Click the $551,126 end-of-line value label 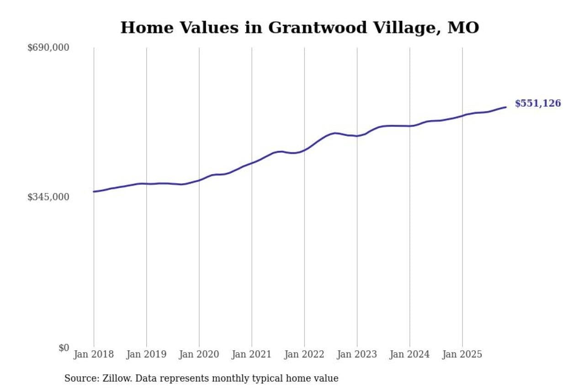pos(537,103)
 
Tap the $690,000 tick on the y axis pos(48,48)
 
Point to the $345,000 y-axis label pos(48,197)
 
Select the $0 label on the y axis pos(64,347)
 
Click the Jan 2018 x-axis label pos(94,354)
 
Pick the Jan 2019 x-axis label pos(146,354)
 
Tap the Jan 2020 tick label pos(199,354)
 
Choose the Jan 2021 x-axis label pos(251,354)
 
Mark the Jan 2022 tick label pos(304,354)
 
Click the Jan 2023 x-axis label pos(357,354)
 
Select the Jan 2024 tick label pos(409,354)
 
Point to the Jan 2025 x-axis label pos(462,354)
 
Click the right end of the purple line pos(505,107)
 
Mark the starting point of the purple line pos(94,192)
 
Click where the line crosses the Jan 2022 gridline pos(304,150)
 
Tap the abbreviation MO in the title pos(463,28)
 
